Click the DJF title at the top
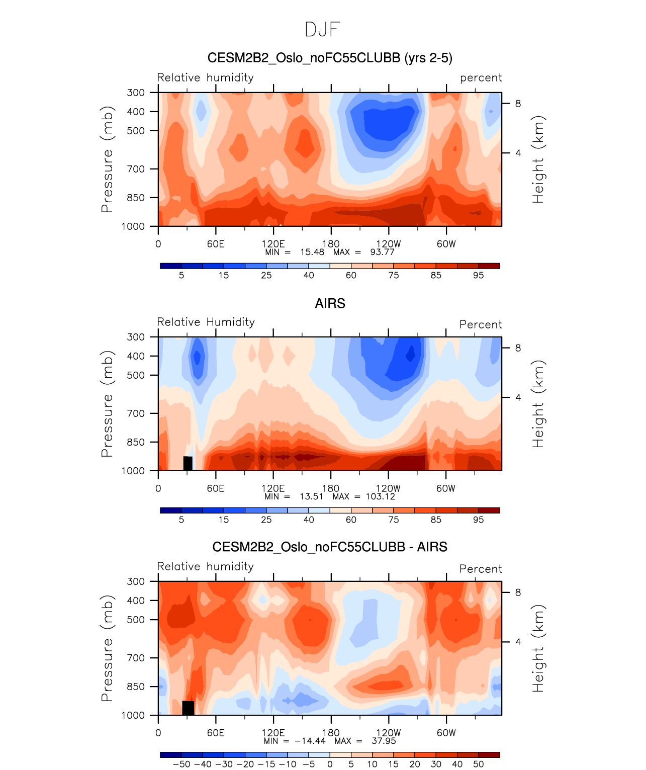point(323,30)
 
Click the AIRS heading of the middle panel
point(330,303)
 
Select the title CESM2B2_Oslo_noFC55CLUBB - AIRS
point(330,547)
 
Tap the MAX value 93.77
point(383,252)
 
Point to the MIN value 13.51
point(311,496)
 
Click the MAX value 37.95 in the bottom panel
point(384,741)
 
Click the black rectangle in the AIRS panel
point(188,463)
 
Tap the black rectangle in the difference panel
point(188,708)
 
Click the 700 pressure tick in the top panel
point(136,169)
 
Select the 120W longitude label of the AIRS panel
point(388,488)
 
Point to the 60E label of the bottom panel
point(216,733)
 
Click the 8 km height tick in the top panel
point(518,104)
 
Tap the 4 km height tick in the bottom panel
point(518,642)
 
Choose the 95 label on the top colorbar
point(478,275)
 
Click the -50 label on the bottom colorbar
point(181,764)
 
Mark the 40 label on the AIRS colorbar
point(309,520)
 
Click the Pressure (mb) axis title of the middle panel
point(107,403)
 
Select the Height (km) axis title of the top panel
point(538,159)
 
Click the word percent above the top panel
point(481,78)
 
